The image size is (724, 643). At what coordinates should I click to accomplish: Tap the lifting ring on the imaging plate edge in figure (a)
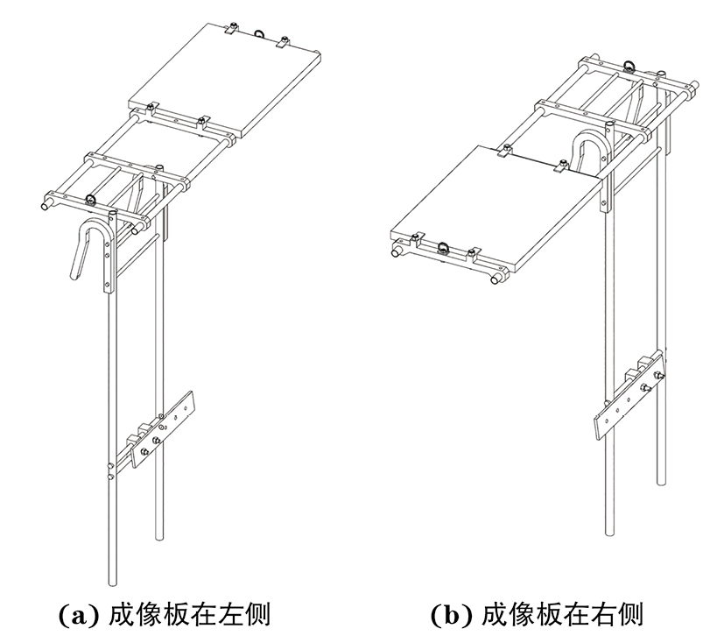pyautogui.click(x=260, y=32)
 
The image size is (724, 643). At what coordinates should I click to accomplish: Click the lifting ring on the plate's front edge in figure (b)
pyautogui.click(x=444, y=247)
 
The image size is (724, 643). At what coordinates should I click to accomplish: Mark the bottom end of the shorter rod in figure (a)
pyautogui.click(x=159, y=534)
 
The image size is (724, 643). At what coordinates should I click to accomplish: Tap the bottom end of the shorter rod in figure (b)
pyautogui.click(x=660, y=480)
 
